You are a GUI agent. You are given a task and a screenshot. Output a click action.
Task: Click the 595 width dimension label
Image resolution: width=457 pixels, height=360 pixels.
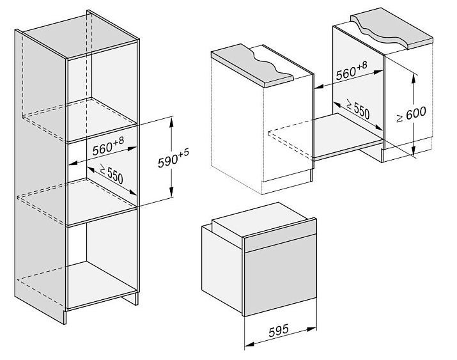(279, 331)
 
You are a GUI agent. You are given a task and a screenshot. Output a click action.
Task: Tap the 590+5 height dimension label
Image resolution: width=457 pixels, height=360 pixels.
(173, 158)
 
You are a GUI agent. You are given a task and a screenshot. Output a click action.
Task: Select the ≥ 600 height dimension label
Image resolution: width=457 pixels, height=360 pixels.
(411, 114)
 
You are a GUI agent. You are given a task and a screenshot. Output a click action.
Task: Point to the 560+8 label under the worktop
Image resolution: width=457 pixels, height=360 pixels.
(352, 71)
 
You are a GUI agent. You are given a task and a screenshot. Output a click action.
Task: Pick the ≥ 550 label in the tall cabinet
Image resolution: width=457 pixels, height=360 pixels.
(111, 174)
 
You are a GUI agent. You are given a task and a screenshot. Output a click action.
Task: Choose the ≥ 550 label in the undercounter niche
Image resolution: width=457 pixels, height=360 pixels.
(358, 109)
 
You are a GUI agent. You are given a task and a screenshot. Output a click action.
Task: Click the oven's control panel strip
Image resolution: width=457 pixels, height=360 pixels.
(280, 239)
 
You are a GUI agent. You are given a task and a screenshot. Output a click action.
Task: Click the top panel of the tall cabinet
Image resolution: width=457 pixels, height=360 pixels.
(79, 36)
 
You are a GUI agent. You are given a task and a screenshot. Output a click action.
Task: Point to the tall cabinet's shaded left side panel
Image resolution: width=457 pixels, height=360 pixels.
(40, 175)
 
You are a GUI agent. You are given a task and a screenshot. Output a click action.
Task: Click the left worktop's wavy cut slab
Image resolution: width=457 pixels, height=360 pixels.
(252, 65)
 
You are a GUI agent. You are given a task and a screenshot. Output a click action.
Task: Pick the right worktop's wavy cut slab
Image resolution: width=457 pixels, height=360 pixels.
(392, 29)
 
